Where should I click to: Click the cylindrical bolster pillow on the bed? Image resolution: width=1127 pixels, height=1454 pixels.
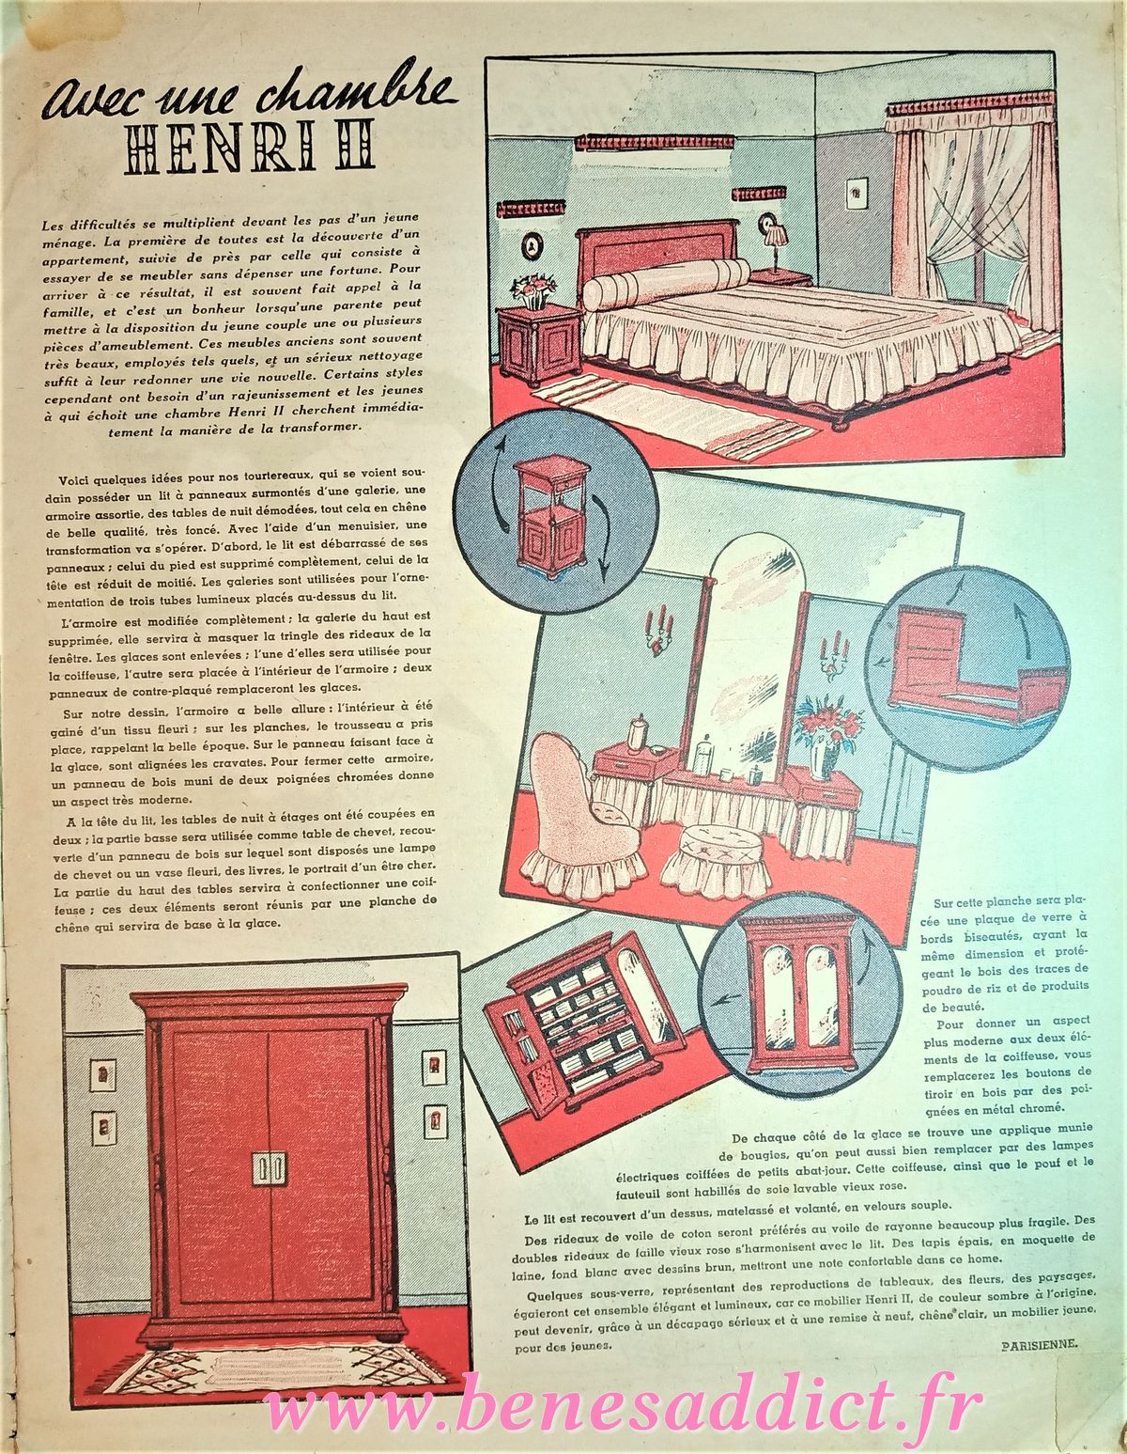tap(666, 284)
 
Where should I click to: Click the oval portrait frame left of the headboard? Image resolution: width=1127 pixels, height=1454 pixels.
tap(532, 245)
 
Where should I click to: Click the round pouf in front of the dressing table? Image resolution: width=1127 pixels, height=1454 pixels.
tap(712, 860)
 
